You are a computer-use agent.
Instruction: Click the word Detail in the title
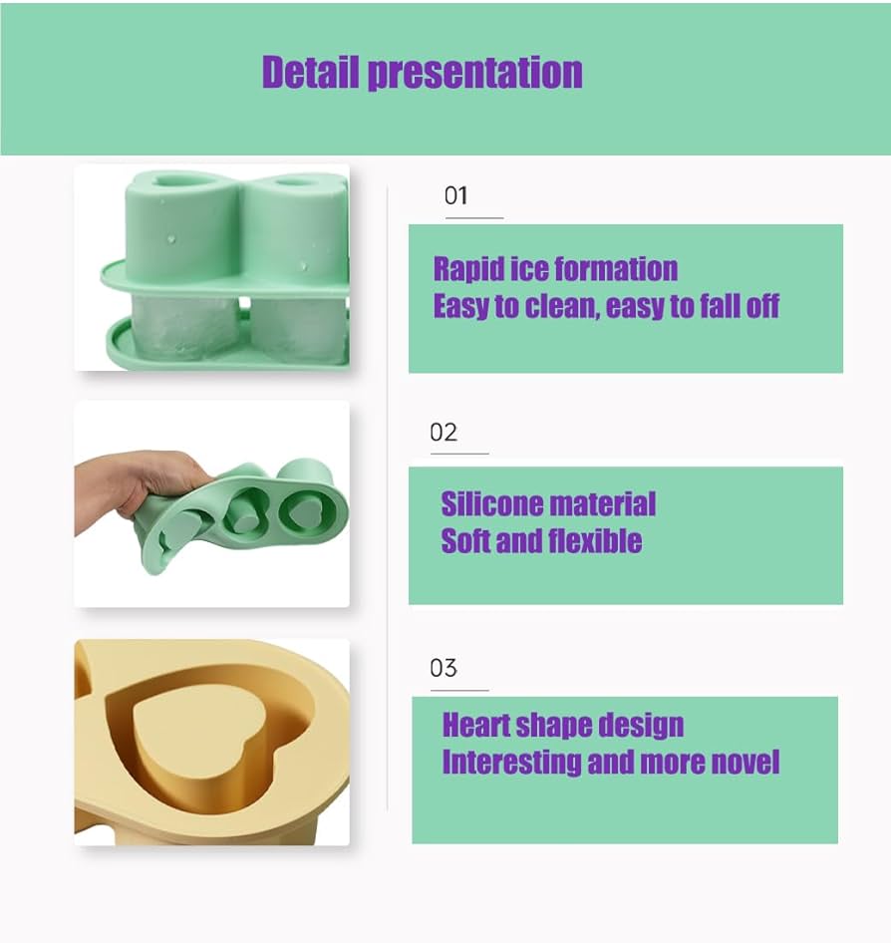coord(310,73)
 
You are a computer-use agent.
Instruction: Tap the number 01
coord(455,195)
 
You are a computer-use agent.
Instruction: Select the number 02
coord(444,433)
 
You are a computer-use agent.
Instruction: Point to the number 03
coord(444,668)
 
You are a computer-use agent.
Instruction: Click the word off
coord(762,306)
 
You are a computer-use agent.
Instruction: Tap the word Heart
coord(478,725)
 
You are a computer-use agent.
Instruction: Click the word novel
coord(744,763)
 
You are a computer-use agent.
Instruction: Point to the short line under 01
coord(473,217)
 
